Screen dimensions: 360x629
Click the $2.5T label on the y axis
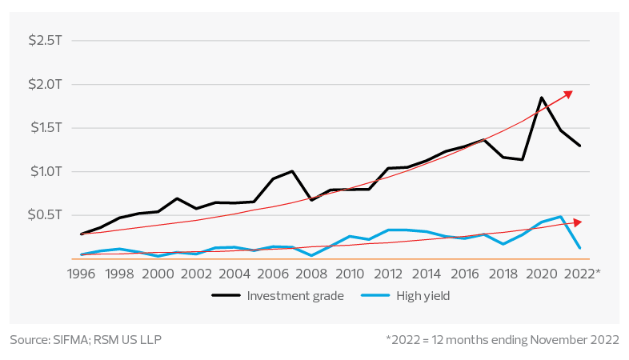pos(40,40)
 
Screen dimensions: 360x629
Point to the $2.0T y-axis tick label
pos(40,84)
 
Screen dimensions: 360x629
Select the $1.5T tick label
pos(40,128)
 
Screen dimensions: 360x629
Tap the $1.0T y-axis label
pos(40,171)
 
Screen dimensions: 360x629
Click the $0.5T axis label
pos(40,215)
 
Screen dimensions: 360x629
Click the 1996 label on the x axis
pos(80,273)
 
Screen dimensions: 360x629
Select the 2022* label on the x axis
pos(583,273)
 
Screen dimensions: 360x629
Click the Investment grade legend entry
pos(278,296)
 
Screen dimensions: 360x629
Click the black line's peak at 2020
pos(542,98)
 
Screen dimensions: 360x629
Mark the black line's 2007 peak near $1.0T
pos(293,171)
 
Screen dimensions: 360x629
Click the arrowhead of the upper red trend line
pos(569,93)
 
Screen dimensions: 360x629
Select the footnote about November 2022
pos(502,340)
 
